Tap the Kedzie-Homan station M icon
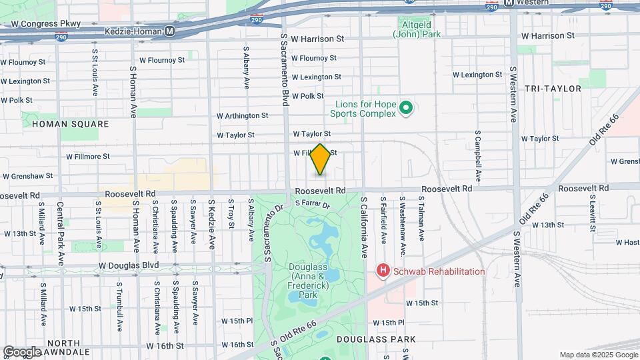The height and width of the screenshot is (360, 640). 170,31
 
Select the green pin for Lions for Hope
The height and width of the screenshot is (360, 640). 405,107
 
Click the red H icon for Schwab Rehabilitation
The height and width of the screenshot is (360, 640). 383,271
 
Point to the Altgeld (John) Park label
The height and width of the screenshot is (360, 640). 416,29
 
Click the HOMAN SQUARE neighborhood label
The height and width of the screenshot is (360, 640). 70,124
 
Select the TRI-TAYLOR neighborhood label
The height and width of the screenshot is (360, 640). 553,89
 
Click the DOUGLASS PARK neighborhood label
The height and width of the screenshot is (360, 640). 376,339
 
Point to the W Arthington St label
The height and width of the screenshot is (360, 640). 242,115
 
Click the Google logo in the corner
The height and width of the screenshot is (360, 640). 21,351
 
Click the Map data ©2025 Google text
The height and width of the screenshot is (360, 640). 598,355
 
